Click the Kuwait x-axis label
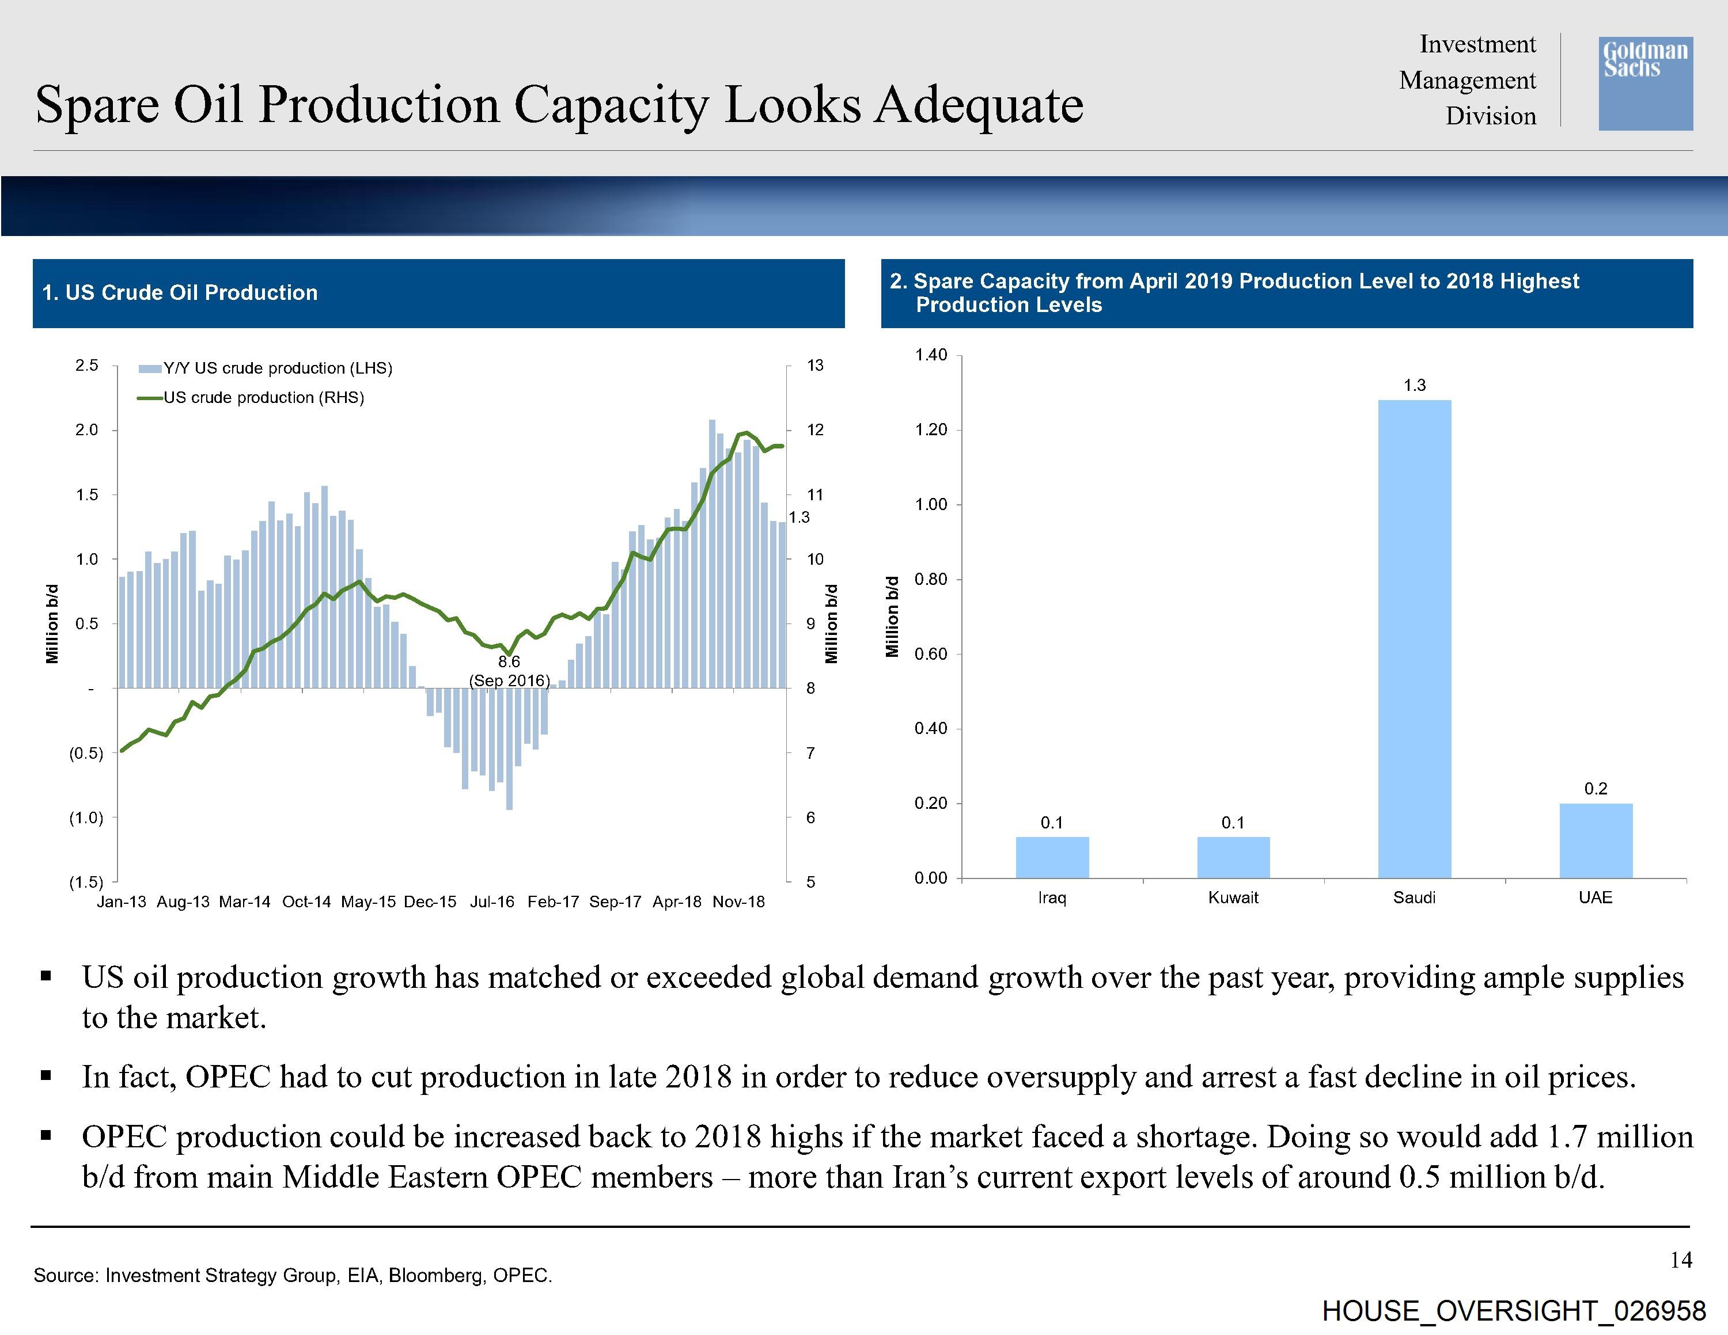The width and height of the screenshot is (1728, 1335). pyautogui.click(x=1233, y=897)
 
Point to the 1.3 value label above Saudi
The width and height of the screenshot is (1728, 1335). pyautogui.click(x=1414, y=385)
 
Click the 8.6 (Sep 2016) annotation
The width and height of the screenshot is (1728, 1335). pyautogui.click(x=509, y=671)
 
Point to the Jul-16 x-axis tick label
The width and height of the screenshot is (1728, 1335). pyautogui.click(x=491, y=902)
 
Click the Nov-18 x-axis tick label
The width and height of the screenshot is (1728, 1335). pyautogui.click(x=738, y=902)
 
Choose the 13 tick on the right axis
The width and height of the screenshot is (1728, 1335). pyautogui.click(x=815, y=366)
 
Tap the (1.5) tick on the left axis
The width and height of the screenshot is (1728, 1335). pyautogui.click(x=86, y=882)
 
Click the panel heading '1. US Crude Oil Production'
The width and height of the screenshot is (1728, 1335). pyautogui.click(x=180, y=292)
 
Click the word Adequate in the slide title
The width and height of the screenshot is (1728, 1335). pyautogui.click(x=978, y=105)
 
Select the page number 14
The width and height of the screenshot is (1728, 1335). pyautogui.click(x=1681, y=1260)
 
